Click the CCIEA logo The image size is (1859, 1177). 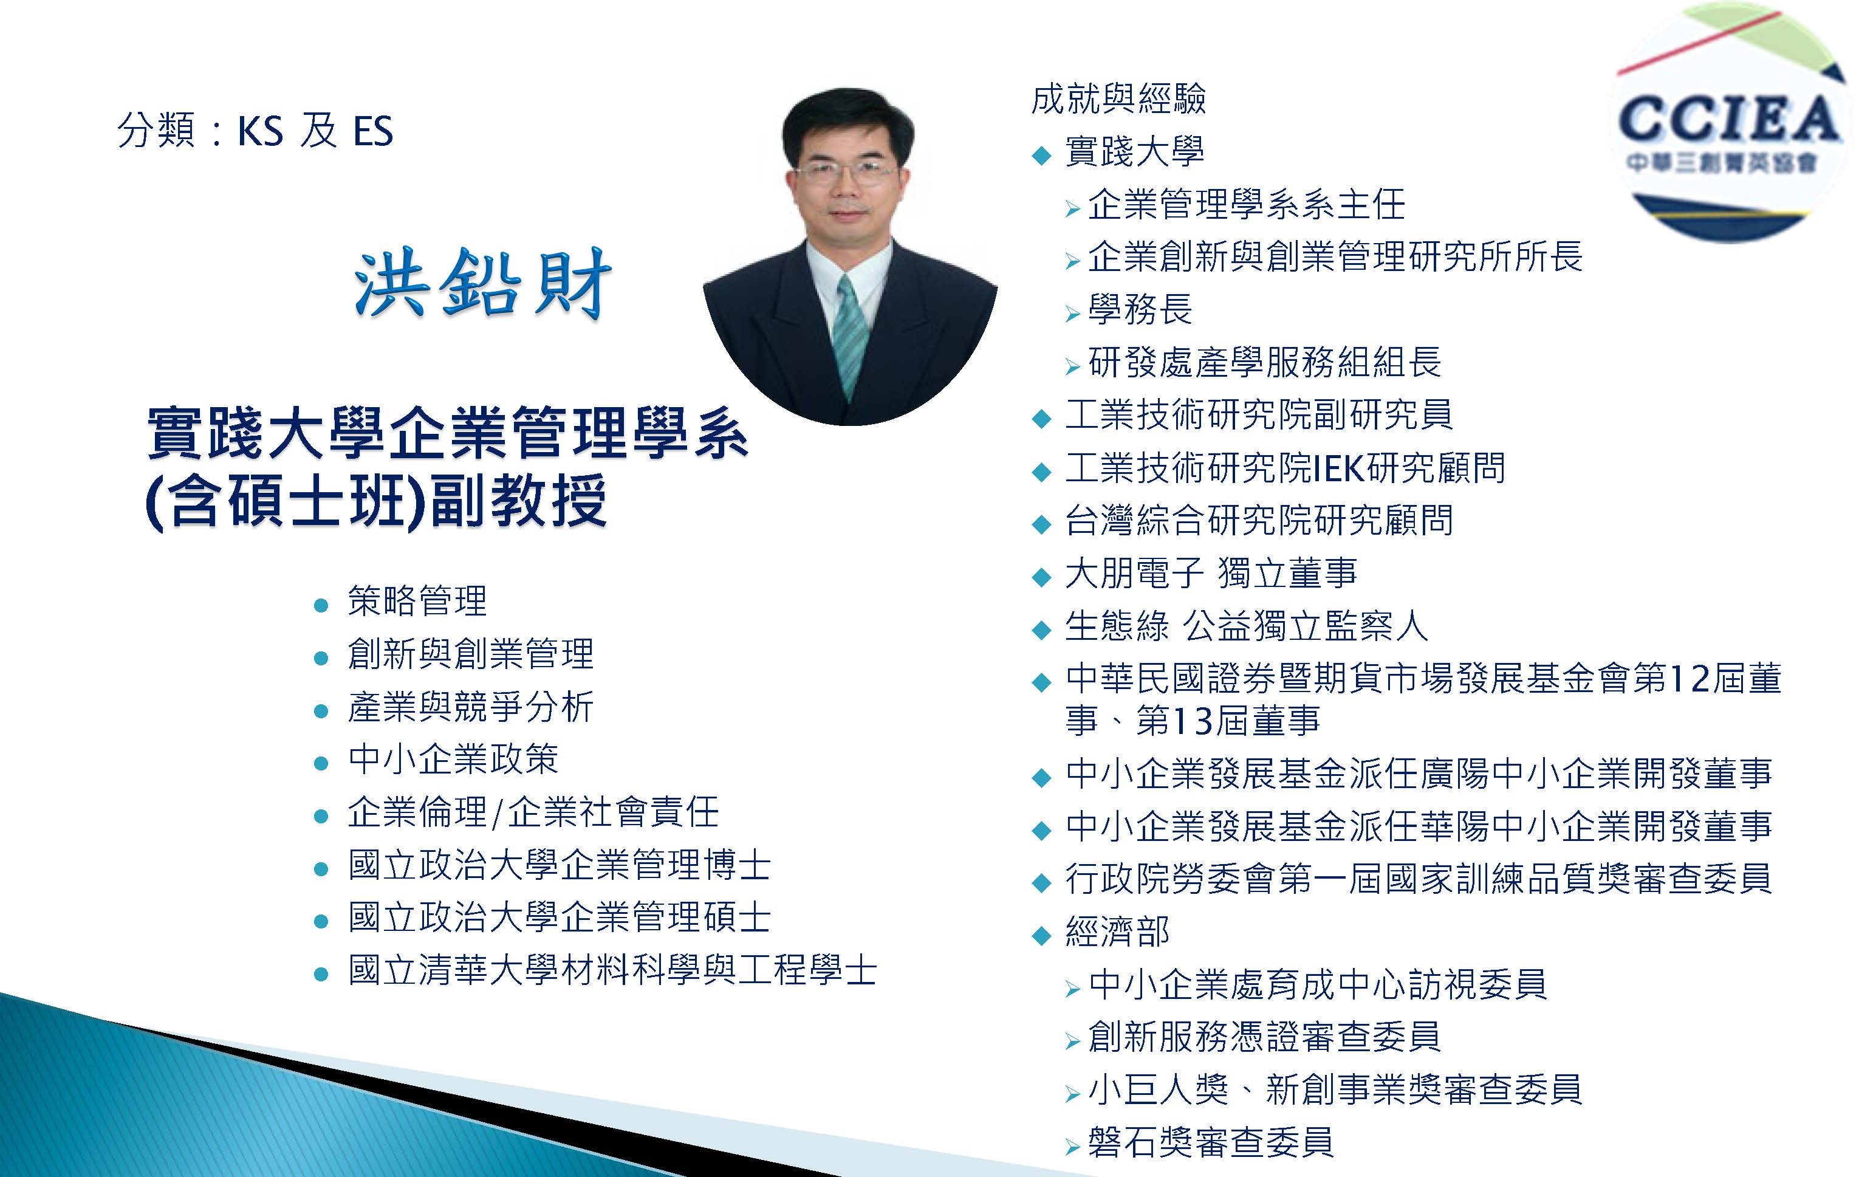[x=1731, y=123]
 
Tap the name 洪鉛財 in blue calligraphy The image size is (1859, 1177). [x=482, y=283]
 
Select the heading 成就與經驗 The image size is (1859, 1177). [x=1118, y=99]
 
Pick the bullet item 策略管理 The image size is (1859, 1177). [x=417, y=601]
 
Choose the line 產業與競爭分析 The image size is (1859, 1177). [x=470, y=707]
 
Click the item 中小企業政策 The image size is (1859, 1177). [x=453, y=759]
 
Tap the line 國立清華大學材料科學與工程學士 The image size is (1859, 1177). [x=612, y=970]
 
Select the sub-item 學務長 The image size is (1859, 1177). [x=1140, y=309]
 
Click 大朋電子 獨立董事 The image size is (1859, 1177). [x=1211, y=573]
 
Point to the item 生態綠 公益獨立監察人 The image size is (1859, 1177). [x=1246, y=626]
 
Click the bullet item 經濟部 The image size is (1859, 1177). [x=1117, y=932]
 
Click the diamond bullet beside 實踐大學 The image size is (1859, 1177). [x=1041, y=155]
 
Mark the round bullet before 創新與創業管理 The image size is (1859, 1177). [x=322, y=658]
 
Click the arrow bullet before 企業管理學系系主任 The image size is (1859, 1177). [x=1072, y=208]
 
